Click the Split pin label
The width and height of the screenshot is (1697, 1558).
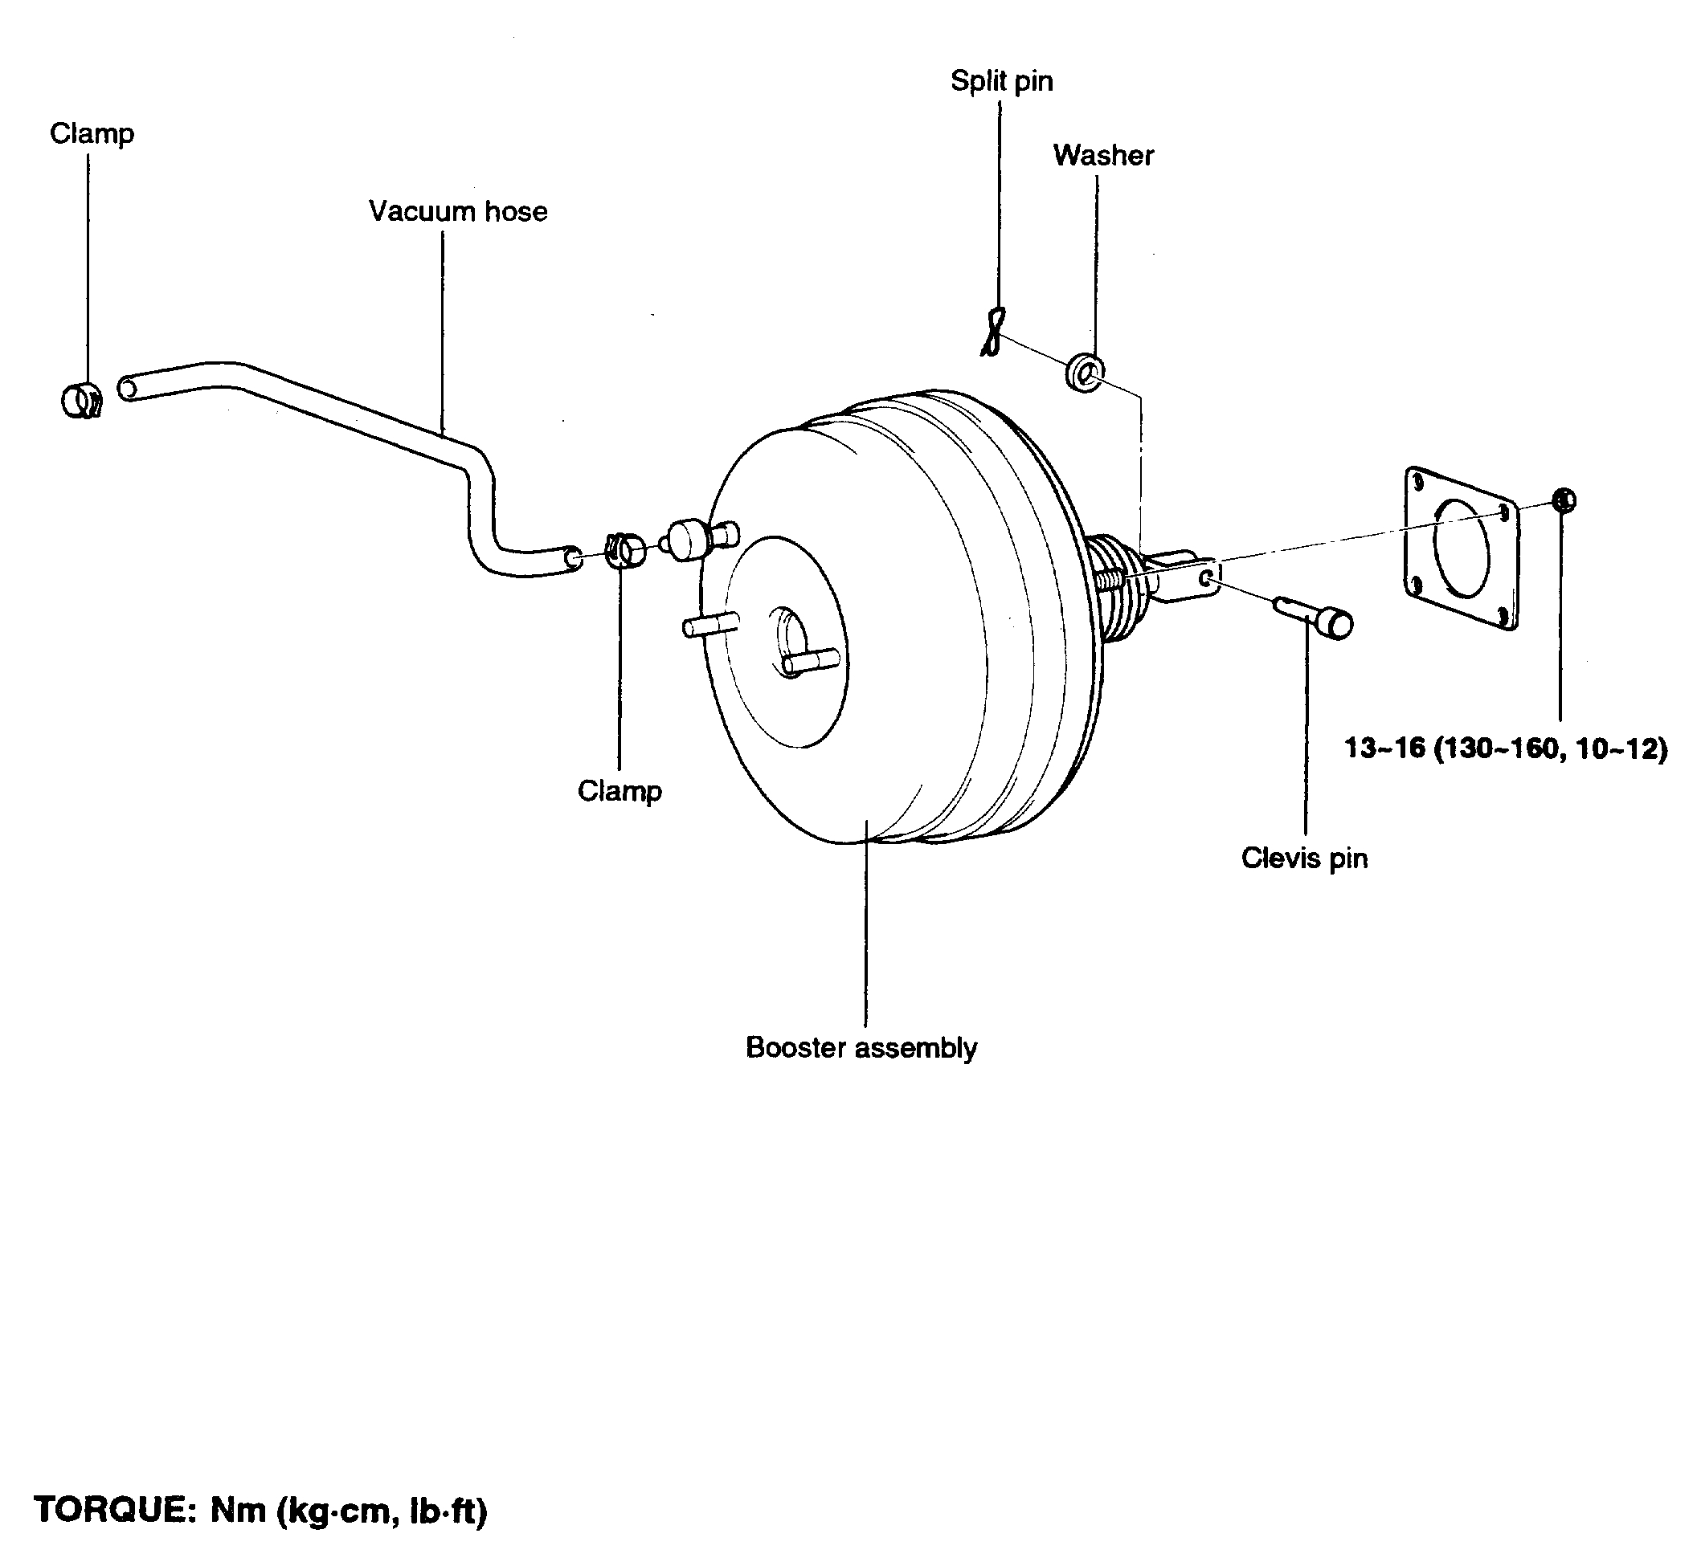[x=1001, y=81]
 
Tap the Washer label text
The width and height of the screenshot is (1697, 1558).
[x=1103, y=155]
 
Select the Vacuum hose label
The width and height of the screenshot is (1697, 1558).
[x=458, y=210]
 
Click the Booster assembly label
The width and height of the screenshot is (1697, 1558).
[x=861, y=1048]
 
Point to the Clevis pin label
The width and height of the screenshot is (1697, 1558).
[x=1304, y=859]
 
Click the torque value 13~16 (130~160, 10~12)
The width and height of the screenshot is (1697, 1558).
[x=1506, y=748]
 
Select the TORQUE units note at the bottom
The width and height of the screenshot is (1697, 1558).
[x=260, y=1510]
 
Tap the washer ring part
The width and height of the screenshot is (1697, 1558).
[x=1085, y=372]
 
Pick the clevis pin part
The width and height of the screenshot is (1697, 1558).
[x=1317, y=618]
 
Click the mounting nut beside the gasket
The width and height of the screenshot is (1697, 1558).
[x=1563, y=500]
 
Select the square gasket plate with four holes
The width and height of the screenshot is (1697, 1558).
[x=1461, y=548]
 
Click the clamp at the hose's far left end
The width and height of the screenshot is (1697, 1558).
[x=83, y=401]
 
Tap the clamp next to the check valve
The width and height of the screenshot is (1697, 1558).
[x=624, y=551]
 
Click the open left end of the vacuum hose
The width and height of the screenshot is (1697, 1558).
[x=128, y=389]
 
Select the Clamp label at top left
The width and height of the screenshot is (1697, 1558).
[x=92, y=133]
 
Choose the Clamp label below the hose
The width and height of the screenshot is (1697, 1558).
[x=619, y=791]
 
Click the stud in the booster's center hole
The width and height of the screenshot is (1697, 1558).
[x=810, y=660]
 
